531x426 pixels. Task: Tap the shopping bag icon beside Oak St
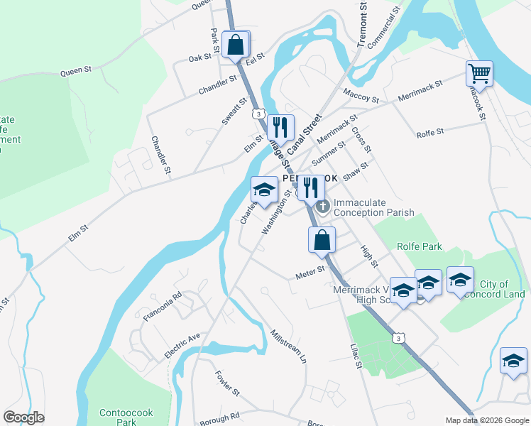pos(236,45)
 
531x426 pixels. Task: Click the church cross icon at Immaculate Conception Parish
pos(324,207)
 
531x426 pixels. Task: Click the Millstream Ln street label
pos(288,346)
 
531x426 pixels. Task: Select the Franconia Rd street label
pos(163,306)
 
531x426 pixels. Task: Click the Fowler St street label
pos(228,383)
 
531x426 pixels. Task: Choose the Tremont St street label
pos(363,24)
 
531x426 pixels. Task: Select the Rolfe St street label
pos(429,132)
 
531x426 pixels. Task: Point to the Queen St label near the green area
pos(77,70)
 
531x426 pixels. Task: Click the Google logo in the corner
pos(23,417)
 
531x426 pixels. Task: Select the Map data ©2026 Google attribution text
pos(486,420)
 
